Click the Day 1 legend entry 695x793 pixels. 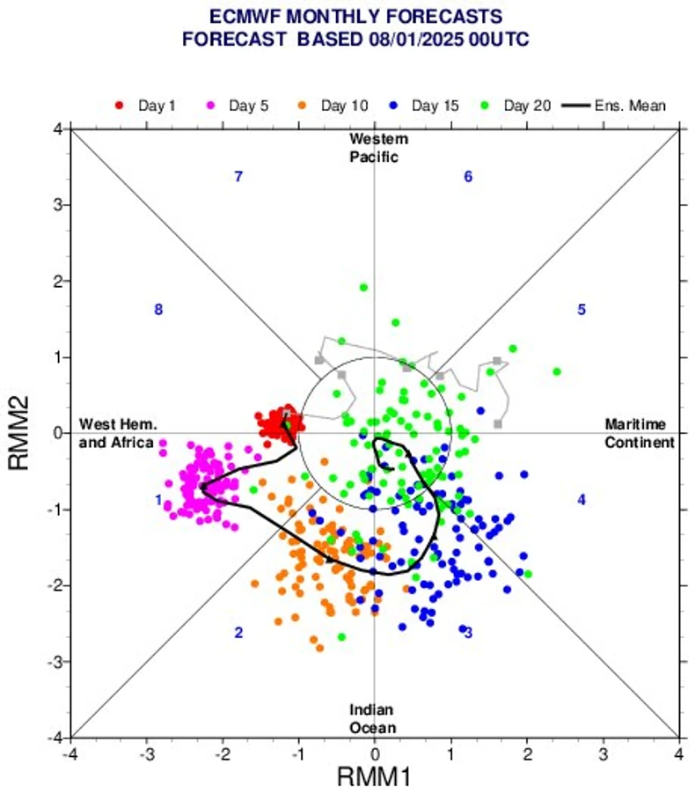149,106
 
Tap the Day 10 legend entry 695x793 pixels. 333,106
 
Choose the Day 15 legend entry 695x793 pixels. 427,106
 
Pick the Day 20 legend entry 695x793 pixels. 518,106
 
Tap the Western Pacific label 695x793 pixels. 378,148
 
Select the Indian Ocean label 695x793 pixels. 371,718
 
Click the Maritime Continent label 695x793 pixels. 639,433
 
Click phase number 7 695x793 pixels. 238,177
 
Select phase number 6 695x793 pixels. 468,177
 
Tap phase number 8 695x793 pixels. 158,310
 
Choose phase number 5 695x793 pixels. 582,310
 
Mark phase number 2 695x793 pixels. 238,633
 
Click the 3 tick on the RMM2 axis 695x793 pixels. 56,205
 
